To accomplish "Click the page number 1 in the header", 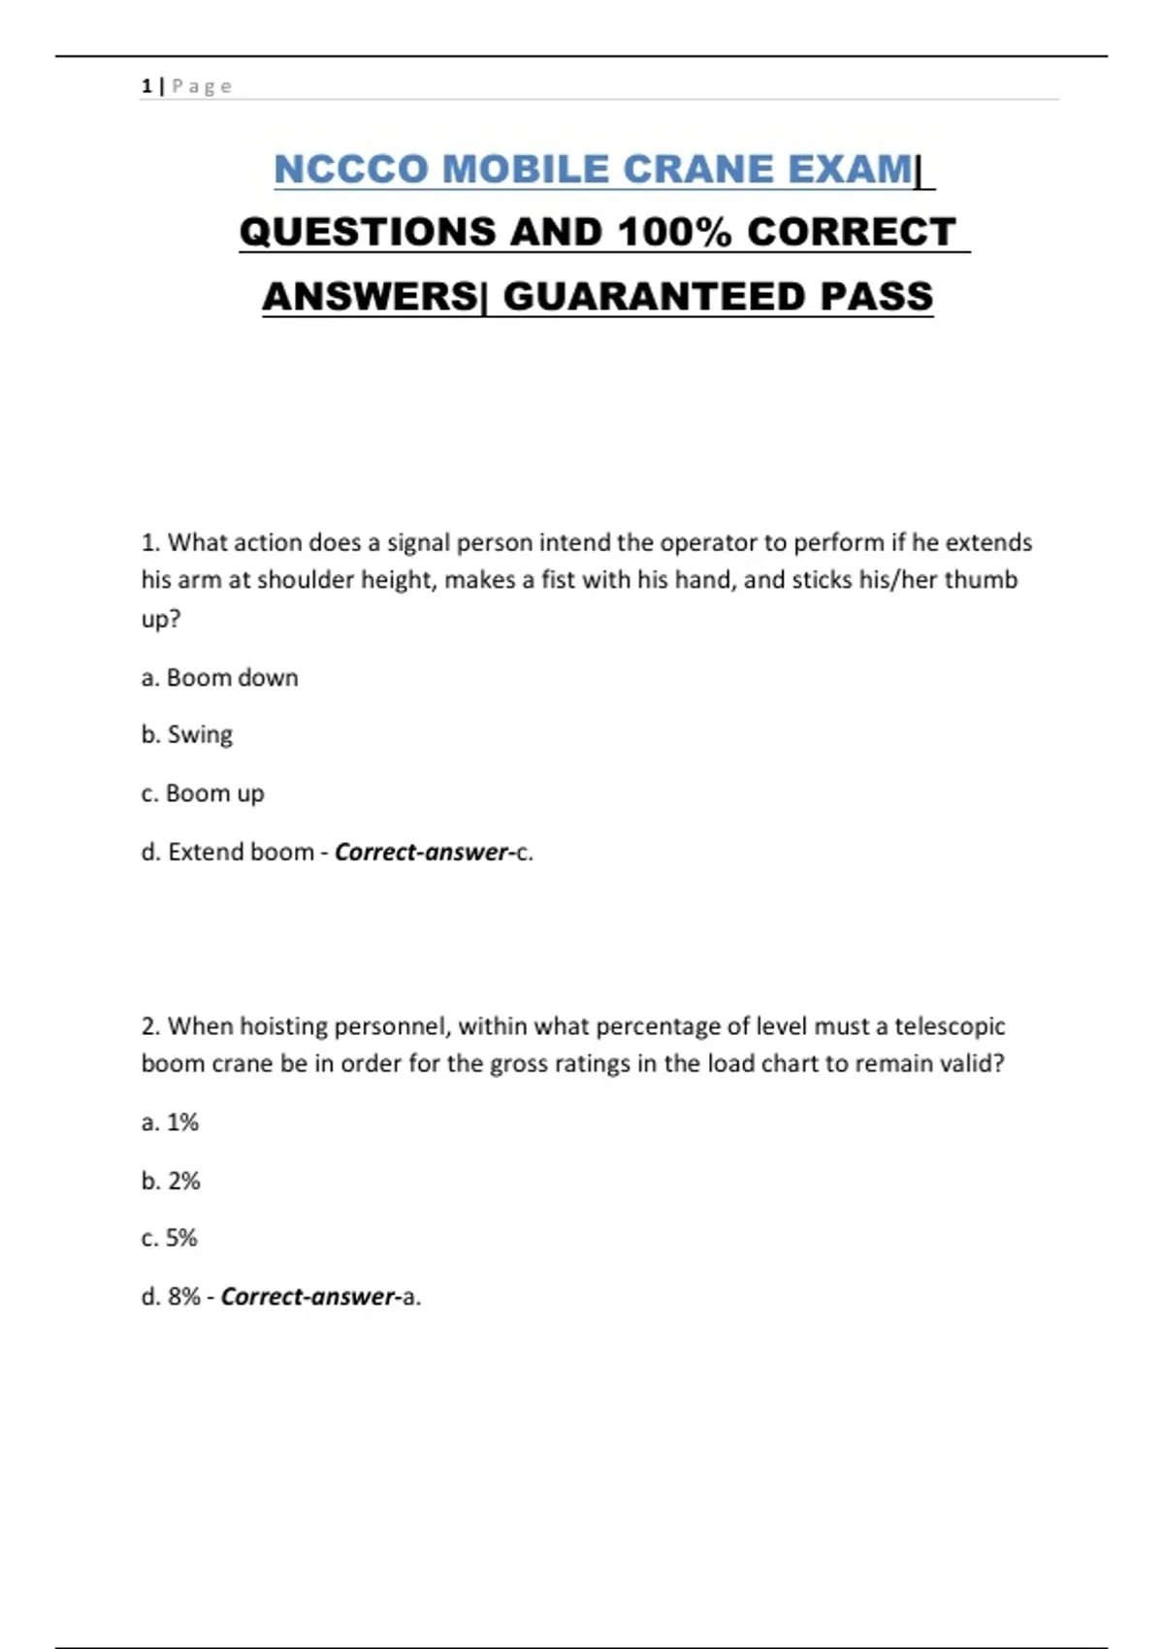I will (145, 86).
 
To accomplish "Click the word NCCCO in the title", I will (351, 170).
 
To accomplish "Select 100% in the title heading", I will (673, 233).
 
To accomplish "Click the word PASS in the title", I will (877, 297).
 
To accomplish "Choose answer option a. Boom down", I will (219, 678).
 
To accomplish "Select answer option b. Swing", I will (187, 735).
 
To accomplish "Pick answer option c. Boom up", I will (203, 793).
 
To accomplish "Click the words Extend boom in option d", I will (241, 852).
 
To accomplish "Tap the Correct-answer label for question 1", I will (422, 852).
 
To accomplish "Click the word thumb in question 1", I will (981, 580).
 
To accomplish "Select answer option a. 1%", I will (170, 1122).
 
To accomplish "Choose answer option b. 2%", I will (171, 1180).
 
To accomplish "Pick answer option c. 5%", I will (170, 1238).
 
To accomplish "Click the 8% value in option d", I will (184, 1297).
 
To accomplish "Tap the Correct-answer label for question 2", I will (308, 1297).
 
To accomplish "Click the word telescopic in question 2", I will (949, 1026).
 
